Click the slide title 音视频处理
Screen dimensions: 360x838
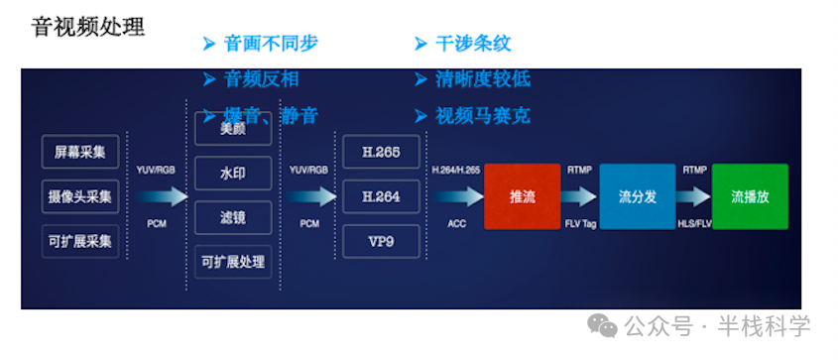coord(88,26)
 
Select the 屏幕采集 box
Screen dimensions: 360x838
coord(80,152)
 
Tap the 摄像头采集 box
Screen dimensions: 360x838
coord(80,196)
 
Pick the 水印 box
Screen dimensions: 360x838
coord(233,173)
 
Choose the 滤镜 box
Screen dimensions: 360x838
coord(233,217)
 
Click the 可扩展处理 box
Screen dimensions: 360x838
coord(233,262)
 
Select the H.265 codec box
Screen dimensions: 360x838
coord(381,152)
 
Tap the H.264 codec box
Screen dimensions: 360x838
coord(381,196)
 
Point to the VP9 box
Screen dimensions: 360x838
coord(381,241)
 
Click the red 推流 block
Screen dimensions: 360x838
coord(522,196)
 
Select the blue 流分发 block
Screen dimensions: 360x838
coord(637,196)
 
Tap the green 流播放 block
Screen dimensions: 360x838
coord(750,196)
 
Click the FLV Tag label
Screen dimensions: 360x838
coord(579,223)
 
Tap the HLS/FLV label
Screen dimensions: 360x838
coord(694,223)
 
